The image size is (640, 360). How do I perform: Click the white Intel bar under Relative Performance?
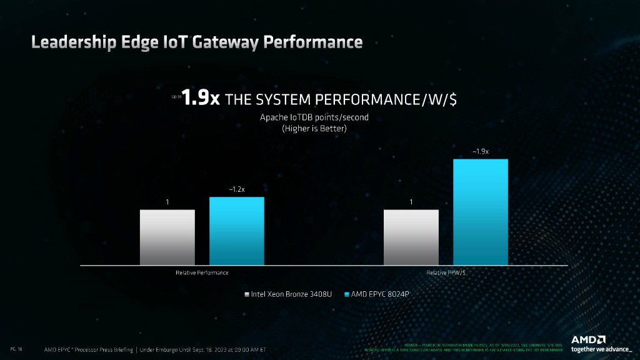tap(167, 237)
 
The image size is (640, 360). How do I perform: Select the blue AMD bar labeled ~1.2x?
tap(237, 231)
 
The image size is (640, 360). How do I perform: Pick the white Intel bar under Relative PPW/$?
tap(411, 237)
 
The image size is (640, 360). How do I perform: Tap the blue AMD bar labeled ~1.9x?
tap(481, 212)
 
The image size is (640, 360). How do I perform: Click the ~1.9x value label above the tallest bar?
tap(481, 151)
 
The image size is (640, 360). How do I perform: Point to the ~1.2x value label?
tap(237, 189)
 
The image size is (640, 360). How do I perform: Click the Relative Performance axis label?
tap(202, 273)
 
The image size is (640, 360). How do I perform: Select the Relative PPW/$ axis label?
tap(446, 273)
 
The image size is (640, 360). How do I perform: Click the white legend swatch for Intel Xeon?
tap(247, 293)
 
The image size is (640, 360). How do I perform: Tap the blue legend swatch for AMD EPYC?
tap(347, 293)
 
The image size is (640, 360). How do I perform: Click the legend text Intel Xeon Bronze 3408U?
tap(291, 293)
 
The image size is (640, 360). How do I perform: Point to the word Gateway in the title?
tap(226, 42)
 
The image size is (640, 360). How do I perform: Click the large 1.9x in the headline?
tap(201, 99)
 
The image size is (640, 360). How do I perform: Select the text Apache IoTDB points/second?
tap(303, 117)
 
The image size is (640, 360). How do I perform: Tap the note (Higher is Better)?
tap(303, 128)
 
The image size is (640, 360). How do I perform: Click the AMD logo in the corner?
tap(588, 339)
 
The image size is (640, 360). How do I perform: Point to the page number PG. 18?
tap(17, 348)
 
